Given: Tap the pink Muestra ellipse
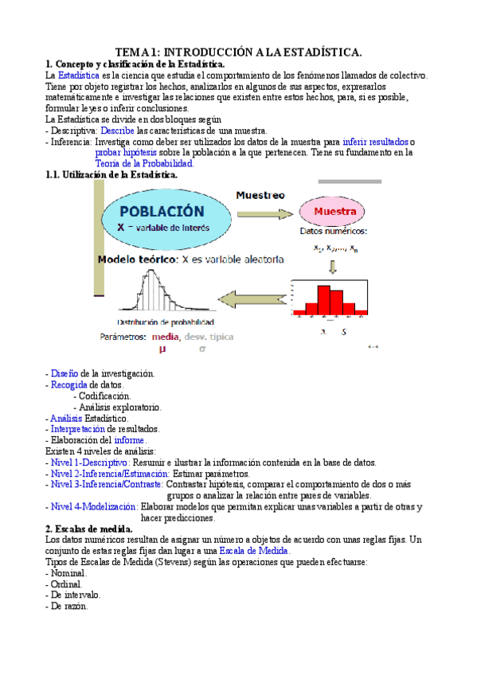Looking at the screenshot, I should click(x=334, y=212).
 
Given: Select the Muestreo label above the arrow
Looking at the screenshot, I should click(x=260, y=194).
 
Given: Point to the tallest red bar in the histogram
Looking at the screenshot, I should click(x=323, y=300).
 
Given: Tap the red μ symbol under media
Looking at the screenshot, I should click(x=162, y=348).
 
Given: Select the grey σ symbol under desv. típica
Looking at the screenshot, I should click(x=202, y=348).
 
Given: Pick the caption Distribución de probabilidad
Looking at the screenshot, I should click(x=166, y=322).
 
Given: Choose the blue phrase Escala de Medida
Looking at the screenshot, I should click(x=256, y=550).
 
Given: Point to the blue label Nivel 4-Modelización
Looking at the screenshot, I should click(x=94, y=506).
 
